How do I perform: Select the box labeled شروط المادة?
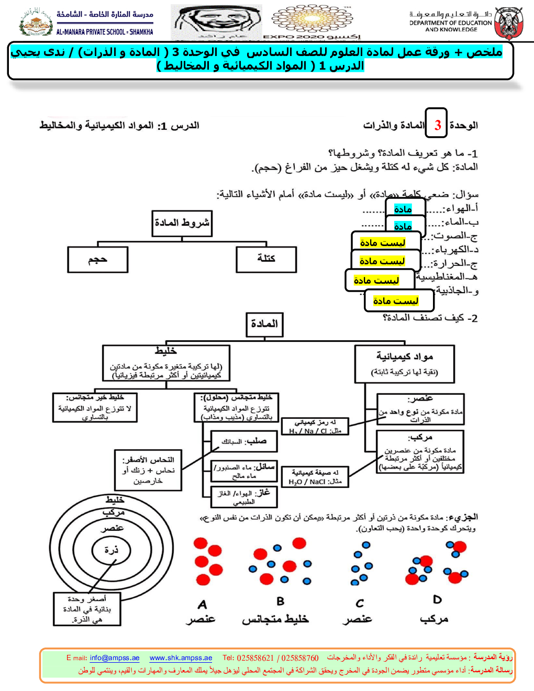click(x=182, y=224)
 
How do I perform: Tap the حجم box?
click(x=98, y=260)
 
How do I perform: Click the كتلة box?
click(x=266, y=259)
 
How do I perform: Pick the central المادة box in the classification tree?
click(x=264, y=324)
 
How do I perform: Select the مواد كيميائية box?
click(x=404, y=363)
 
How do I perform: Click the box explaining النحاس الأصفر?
click(x=148, y=470)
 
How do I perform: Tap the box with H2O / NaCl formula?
click(x=315, y=477)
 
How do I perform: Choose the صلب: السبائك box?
click(x=243, y=441)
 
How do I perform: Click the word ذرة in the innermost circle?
click(x=111, y=550)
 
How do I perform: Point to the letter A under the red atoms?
click(x=203, y=605)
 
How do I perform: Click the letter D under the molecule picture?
click(x=437, y=600)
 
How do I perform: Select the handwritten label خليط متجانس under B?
click(x=275, y=619)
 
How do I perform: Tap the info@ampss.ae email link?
click(x=115, y=658)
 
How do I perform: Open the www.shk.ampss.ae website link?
click(x=181, y=658)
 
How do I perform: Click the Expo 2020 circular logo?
click(x=313, y=19)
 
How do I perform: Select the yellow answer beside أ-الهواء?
click(x=403, y=209)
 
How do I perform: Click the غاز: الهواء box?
click(x=243, y=496)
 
